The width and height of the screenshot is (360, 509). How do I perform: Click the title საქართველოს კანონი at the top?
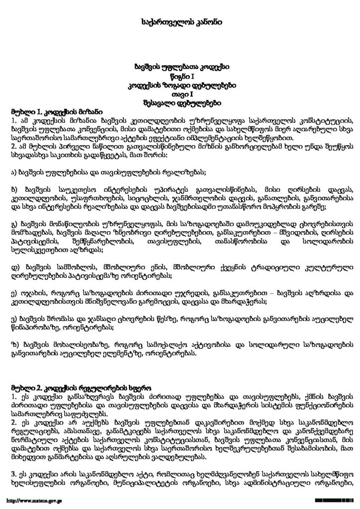(180, 22)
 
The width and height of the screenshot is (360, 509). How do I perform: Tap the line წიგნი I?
(180, 76)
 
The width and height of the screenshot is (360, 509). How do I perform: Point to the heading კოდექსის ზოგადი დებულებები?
(180, 85)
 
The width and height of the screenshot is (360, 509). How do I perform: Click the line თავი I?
(180, 95)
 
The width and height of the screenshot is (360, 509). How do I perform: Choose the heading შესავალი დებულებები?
(180, 104)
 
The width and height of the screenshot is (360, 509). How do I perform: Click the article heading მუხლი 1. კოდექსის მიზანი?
(49, 112)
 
